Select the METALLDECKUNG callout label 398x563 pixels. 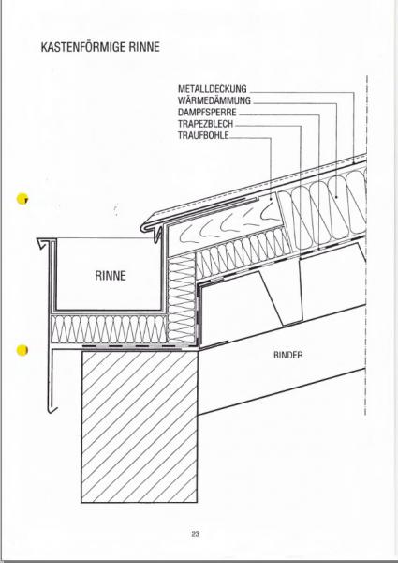pyautogui.click(x=213, y=89)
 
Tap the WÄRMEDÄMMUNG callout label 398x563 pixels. pyautogui.click(x=214, y=100)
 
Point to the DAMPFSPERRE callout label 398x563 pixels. pyautogui.click(x=207, y=112)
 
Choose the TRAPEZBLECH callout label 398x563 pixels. pyautogui.click(x=206, y=124)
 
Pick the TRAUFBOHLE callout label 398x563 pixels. pyautogui.click(x=203, y=135)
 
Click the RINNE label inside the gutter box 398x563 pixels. pyautogui.click(x=111, y=276)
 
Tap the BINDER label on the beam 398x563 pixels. pyautogui.click(x=288, y=355)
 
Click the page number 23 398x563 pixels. pyautogui.click(x=195, y=534)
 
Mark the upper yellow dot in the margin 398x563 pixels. pyautogui.click(x=22, y=199)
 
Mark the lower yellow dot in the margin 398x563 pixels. pyautogui.click(x=22, y=350)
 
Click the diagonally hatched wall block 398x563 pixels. pyautogui.click(x=140, y=427)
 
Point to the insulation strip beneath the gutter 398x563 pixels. pyautogui.click(x=109, y=329)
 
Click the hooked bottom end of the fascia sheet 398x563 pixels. pyautogui.click(x=52, y=408)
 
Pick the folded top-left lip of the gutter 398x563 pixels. pyautogui.click(x=43, y=243)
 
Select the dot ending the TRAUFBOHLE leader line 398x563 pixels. pyautogui.click(x=271, y=197)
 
